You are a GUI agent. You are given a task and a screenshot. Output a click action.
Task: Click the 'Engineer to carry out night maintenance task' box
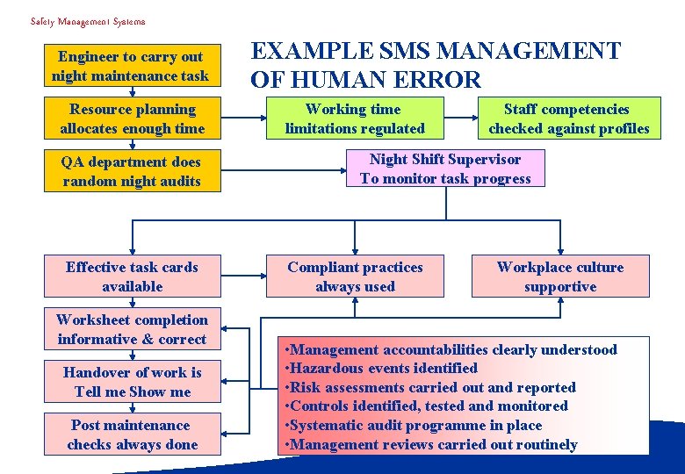pos(132,66)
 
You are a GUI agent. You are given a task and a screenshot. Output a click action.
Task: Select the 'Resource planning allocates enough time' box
pos(132,118)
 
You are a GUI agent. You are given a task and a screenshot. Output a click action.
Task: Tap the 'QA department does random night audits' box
pos(132,171)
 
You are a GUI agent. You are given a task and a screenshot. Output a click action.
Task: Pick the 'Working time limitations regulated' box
pos(355,118)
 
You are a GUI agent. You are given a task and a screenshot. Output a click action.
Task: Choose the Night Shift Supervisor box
pos(445,169)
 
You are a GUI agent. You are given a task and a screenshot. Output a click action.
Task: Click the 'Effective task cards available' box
pos(132,276)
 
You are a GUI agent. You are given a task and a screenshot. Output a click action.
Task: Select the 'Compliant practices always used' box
pos(355,276)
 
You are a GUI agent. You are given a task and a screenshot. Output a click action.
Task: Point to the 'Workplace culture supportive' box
pos(559,276)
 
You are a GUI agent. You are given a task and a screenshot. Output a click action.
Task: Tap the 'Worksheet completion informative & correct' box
pos(132,329)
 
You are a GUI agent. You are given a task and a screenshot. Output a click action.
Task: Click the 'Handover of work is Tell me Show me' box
pos(132,382)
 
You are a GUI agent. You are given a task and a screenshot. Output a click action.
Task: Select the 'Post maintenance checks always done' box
pos(132,434)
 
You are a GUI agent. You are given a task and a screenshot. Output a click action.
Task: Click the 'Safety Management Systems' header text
pos(88,21)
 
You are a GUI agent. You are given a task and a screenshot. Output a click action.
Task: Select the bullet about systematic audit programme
pos(415,426)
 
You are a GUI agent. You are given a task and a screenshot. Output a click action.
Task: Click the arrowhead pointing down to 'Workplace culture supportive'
pos(560,249)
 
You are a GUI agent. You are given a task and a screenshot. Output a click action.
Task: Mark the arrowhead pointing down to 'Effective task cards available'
pos(132,249)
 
